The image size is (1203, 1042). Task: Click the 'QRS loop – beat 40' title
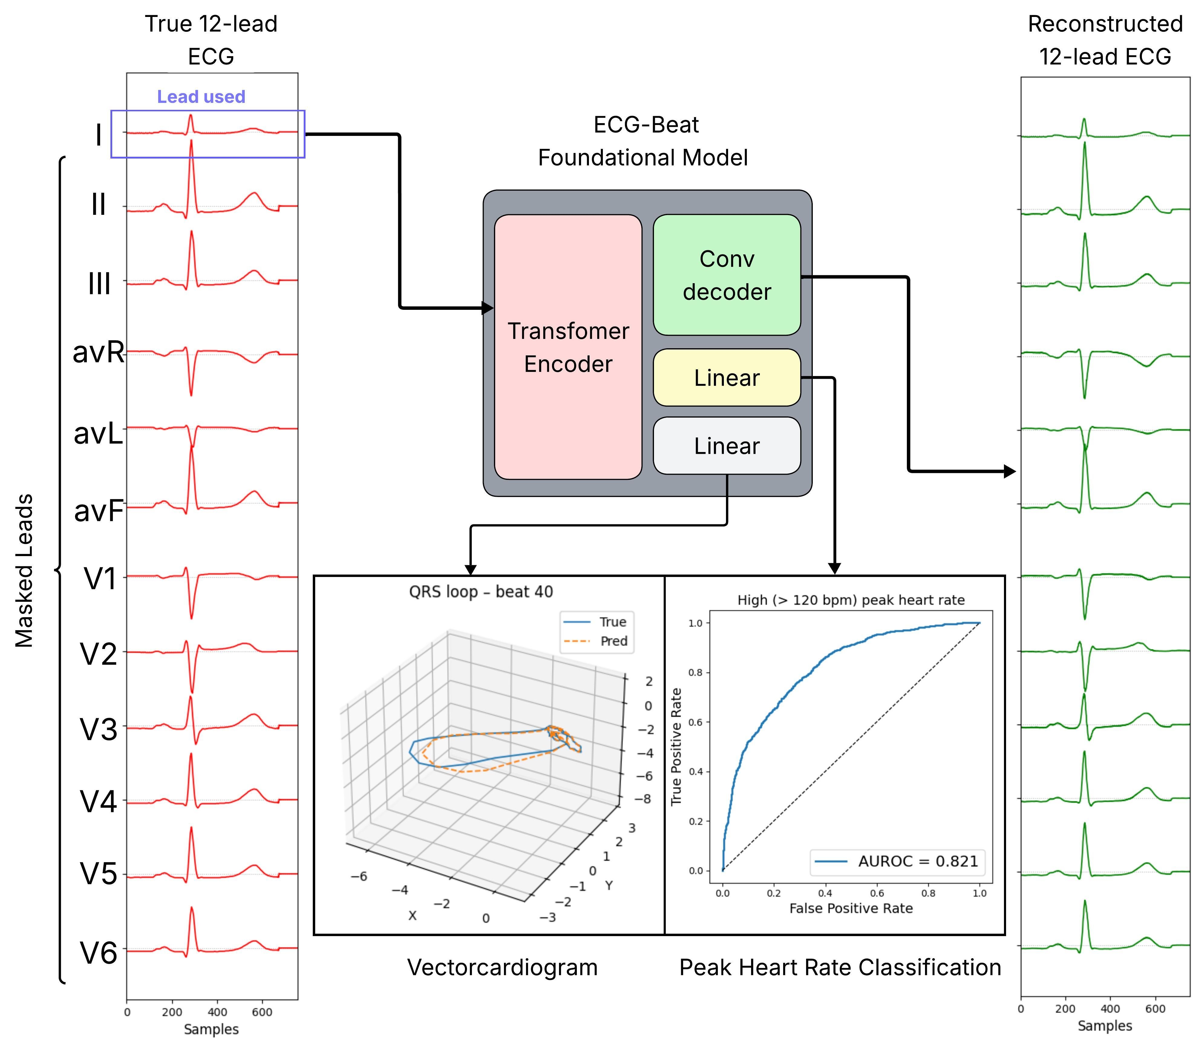coord(481,592)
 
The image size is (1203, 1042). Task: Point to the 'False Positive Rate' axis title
coord(851,908)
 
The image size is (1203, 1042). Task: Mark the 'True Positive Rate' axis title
coord(676,747)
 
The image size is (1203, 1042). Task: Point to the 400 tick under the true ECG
coord(217,1012)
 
